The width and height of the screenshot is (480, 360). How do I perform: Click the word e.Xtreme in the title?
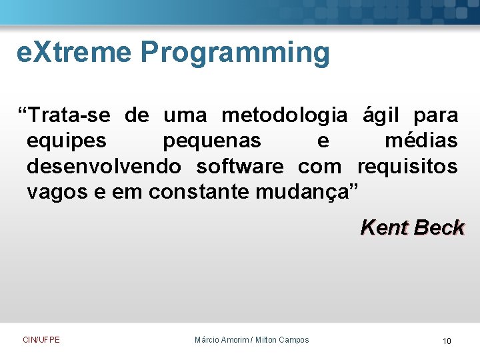(73, 53)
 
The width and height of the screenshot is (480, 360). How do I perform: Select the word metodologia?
(284, 116)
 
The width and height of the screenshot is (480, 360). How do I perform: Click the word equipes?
(66, 141)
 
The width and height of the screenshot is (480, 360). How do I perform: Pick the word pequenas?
(212, 141)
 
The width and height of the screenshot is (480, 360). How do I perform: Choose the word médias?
(421, 141)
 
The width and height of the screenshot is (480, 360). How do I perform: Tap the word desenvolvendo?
(103, 166)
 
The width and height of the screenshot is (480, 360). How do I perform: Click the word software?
(239, 166)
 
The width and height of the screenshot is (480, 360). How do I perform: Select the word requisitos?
(407, 166)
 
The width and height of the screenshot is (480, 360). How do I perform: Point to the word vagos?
(57, 192)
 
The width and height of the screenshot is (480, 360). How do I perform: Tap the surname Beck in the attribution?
(438, 228)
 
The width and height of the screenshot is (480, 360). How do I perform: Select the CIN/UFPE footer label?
(41, 340)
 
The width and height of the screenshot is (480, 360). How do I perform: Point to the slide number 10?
(447, 341)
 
